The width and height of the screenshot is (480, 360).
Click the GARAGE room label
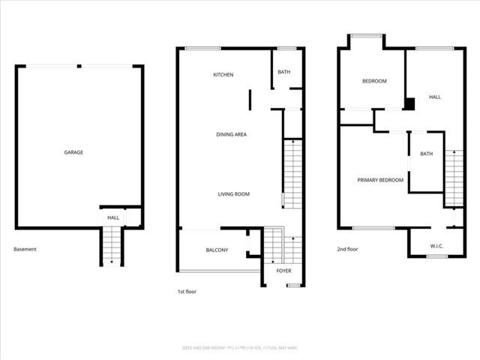tap(73, 152)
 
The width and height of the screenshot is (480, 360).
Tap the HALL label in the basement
tap(113, 217)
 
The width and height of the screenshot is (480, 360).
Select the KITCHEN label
tap(223, 75)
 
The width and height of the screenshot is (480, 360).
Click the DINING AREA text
tap(232, 135)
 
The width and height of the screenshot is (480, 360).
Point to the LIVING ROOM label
tap(234, 194)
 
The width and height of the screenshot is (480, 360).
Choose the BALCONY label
tap(217, 250)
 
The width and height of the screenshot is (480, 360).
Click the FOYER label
tap(284, 270)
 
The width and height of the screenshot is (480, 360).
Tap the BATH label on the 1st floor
tap(284, 73)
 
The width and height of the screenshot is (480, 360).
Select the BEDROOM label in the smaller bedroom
tap(374, 81)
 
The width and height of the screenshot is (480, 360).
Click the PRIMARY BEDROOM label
tap(380, 180)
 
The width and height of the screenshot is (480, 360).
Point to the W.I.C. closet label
tap(437, 245)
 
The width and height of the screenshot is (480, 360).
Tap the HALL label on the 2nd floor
tap(435, 97)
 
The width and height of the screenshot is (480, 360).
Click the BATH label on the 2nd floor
tap(426, 154)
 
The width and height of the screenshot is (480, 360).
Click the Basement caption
tap(25, 250)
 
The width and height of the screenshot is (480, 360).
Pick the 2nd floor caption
tap(347, 250)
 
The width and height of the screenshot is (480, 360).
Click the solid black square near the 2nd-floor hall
tap(409, 104)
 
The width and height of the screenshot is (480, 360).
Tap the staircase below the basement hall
tap(112, 244)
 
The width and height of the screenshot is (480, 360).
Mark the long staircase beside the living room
tap(292, 174)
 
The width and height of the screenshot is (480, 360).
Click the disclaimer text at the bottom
tap(240, 347)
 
